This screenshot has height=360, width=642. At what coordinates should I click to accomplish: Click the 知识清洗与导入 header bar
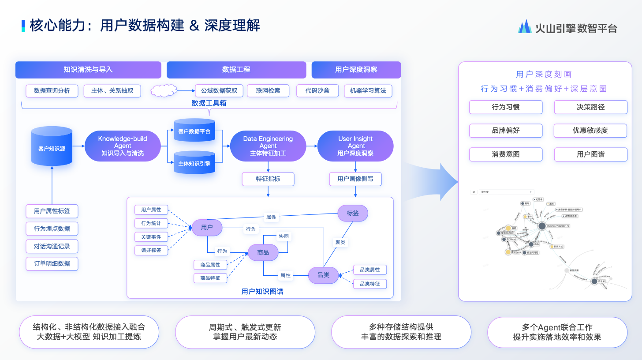pyautogui.click(x=88, y=70)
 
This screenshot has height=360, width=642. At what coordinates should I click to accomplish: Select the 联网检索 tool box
pyautogui.click(x=268, y=91)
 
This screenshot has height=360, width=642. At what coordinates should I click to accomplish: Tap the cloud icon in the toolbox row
pyautogui.click(x=164, y=91)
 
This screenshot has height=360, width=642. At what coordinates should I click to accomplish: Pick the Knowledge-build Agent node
pyautogui.click(x=122, y=146)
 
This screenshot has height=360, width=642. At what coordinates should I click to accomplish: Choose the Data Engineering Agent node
pyautogui.click(x=268, y=146)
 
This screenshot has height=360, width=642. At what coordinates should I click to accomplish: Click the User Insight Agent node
pyautogui.click(x=355, y=146)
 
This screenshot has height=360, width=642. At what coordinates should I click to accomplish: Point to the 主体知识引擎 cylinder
pyautogui.click(x=194, y=163)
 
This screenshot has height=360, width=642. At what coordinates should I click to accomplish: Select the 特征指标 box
pyautogui.click(x=268, y=179)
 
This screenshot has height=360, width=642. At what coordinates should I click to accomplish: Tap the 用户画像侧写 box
pyautogui.click(x=355, y=179)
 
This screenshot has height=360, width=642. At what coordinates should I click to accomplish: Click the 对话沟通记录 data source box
pyautogui.click(x=52, y=246)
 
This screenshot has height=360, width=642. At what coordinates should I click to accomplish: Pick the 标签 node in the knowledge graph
pyautogui.click(x=353, y=213)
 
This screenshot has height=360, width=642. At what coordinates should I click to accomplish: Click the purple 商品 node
pyautogui.click(x=263, y=252)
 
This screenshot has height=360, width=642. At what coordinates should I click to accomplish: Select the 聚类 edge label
pyautogui.click(x=340, y=242)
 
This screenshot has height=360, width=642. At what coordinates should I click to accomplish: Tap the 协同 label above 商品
pyautogui.click(x=284, y=236)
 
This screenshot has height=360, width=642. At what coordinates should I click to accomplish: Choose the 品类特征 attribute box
pyautogui.click(x=370, y=284)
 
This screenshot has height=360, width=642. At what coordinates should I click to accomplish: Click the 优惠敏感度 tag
pyautogui.click(x=590, y=131)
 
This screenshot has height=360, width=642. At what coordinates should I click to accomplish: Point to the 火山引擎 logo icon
pyautogui.click(x=525, y=27)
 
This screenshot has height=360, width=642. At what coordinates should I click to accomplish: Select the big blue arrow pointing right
pyautogui.click(x=434, y=181)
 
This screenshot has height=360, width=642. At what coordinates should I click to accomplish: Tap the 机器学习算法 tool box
pyautogui.click(x=368, y=91)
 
